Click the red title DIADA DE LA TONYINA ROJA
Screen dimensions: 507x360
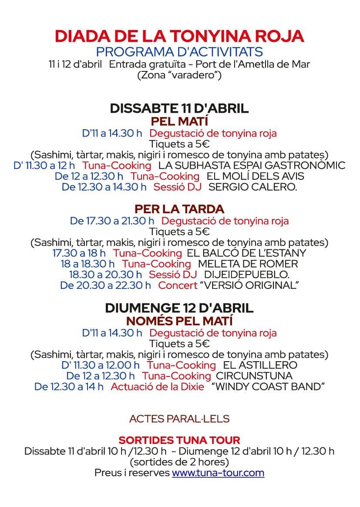[x=179, y=36]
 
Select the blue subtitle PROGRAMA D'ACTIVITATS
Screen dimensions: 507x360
[x=179, y=51]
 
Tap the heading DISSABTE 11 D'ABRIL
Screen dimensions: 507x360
[x=179, y=108]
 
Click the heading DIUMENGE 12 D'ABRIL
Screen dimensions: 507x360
[x=179, y=308]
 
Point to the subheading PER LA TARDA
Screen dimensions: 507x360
[x=179, y=208]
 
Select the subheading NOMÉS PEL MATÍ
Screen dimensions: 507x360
[x=179, y=321]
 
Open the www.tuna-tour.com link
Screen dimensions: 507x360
[x=218, y=473]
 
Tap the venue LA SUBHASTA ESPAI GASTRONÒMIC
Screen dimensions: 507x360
[x=252, y=165]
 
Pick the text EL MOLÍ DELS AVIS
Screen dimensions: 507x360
[x=256, y=176]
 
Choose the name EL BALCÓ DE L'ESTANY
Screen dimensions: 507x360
[x=246, y=253]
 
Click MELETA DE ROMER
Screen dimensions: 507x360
[x=248, y=264]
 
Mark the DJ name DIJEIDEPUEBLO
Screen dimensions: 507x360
[x=246, y=275]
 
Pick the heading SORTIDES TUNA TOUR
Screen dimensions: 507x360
[x=179, y=440]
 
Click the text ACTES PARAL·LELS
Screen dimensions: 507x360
[x=179, y=419]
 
